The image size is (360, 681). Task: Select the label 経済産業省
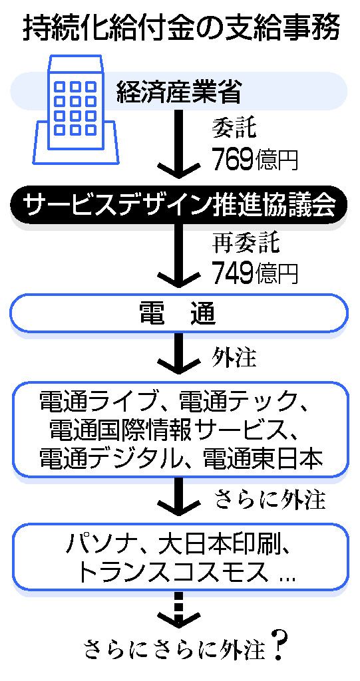179,92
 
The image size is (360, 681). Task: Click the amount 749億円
255,272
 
